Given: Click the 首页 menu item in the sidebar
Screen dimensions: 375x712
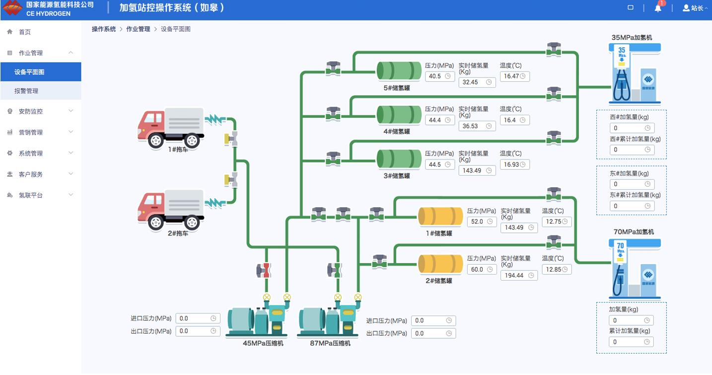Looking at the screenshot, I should [x=25, y=32].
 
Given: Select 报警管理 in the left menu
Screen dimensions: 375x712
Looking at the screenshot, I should [x=26, y=91].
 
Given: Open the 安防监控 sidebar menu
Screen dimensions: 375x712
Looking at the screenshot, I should [x=31, y=111].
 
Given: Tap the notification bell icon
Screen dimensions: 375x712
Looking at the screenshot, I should [x=658, y=8].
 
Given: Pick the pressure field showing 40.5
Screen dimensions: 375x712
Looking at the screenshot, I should [x=439, y=76].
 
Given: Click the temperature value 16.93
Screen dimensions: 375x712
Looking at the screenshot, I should [x=514, y=164].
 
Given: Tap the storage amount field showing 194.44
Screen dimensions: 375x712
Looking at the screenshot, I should [x=518, y=275].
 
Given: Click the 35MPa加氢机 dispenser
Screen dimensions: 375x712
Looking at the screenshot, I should [x=635, y=73].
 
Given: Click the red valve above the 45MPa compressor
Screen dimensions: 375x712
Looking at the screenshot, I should [x=266, y=270].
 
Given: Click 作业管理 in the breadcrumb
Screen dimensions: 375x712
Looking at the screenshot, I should [x=138, y=29].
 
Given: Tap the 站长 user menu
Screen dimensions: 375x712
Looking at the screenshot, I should [x=695, y=8].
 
